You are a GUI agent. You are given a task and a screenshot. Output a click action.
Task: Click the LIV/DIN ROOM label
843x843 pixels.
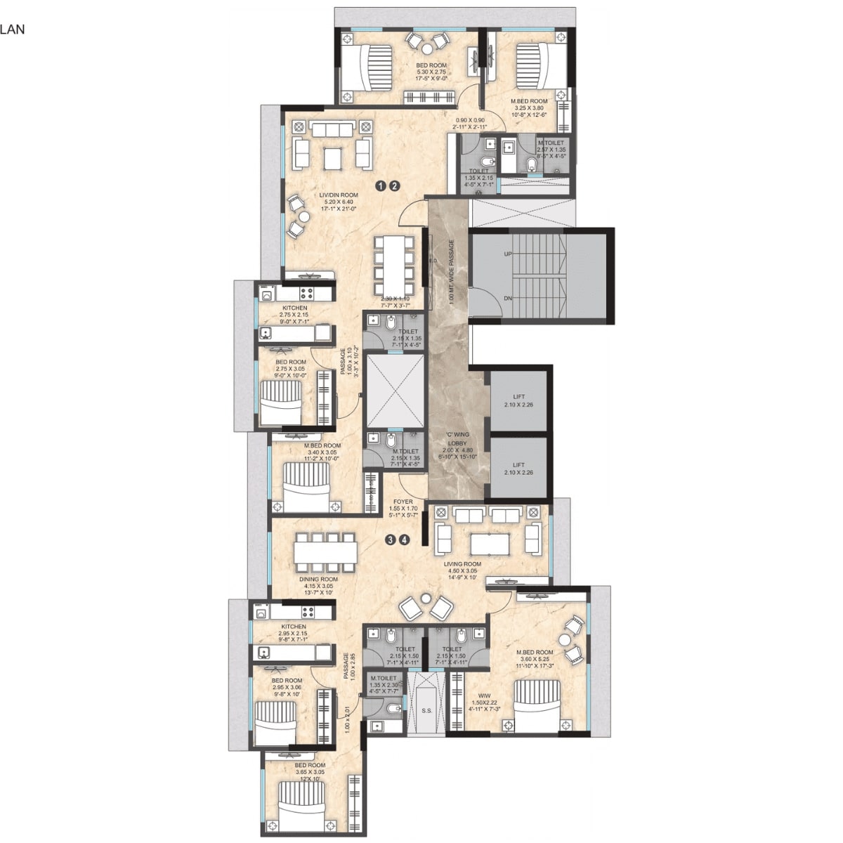point(339,195)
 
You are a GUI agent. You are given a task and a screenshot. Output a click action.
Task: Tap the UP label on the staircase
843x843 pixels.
point(508,254)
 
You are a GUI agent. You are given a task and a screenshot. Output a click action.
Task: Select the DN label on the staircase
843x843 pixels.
point(508,298)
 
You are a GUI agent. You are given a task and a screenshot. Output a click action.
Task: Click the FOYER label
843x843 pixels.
point(403,502)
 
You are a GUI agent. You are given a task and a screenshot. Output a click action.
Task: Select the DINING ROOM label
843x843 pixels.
point(318,580)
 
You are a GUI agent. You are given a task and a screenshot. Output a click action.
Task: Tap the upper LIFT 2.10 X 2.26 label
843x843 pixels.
point(518,397)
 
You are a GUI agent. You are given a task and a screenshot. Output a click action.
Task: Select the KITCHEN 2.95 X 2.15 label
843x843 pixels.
point(294,627)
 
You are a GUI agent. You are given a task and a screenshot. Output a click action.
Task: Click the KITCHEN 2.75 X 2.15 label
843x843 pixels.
point(295,308)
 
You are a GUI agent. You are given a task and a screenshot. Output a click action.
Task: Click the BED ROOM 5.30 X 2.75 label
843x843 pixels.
point(431,65)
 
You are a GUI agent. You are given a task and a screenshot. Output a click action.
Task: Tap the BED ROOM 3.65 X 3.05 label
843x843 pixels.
point(310,765)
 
